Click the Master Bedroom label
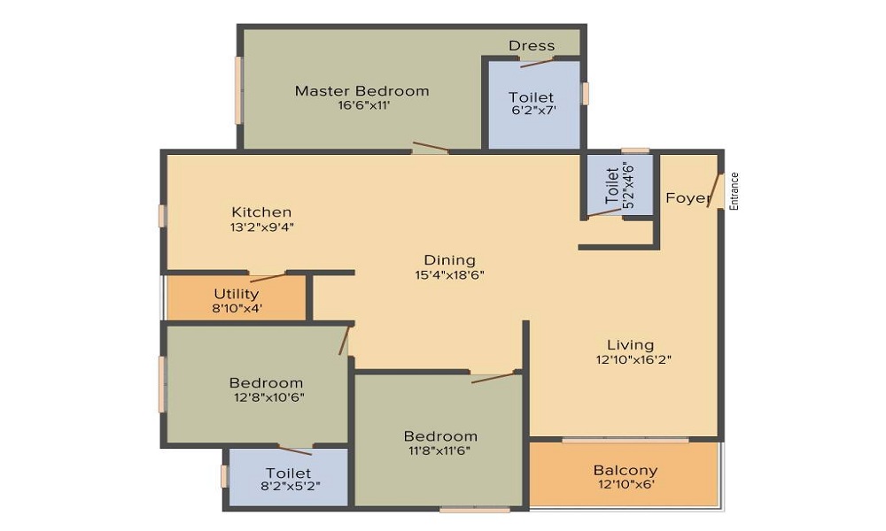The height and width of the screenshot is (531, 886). [x=361, y=91]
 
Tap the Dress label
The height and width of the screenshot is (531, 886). [x=531, y=46]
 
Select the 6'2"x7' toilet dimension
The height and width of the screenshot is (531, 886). [x=534, y=111]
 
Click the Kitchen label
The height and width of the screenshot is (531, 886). [x=261, y=212]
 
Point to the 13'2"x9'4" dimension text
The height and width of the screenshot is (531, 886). [x=261, y=227]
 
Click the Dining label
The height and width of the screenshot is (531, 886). [x=450, y=260]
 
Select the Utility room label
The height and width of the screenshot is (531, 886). [x=237, y=294]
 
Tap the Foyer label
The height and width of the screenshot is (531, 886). [x=688, y=198]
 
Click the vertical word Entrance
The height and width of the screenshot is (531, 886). [x=734, y=191]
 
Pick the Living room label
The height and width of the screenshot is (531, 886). [x=631, y=345]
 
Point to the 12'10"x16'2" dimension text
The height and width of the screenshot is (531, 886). [x=633, y=360]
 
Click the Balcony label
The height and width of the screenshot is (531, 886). [x=626, y=470]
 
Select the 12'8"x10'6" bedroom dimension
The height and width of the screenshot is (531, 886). [x=269, y=397]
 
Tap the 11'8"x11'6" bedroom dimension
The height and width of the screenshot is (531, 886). [x=440, y=450]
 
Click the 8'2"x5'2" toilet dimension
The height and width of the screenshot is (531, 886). [x=291, y=486]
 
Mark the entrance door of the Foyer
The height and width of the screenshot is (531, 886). [x=716, y=191]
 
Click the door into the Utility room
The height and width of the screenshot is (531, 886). [x=268, y=276]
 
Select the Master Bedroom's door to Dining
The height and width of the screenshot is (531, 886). [x=431, y=148]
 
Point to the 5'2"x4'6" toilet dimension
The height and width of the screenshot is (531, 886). [x=628, y=186]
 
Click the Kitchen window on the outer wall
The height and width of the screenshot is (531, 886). [x=162, y=216]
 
